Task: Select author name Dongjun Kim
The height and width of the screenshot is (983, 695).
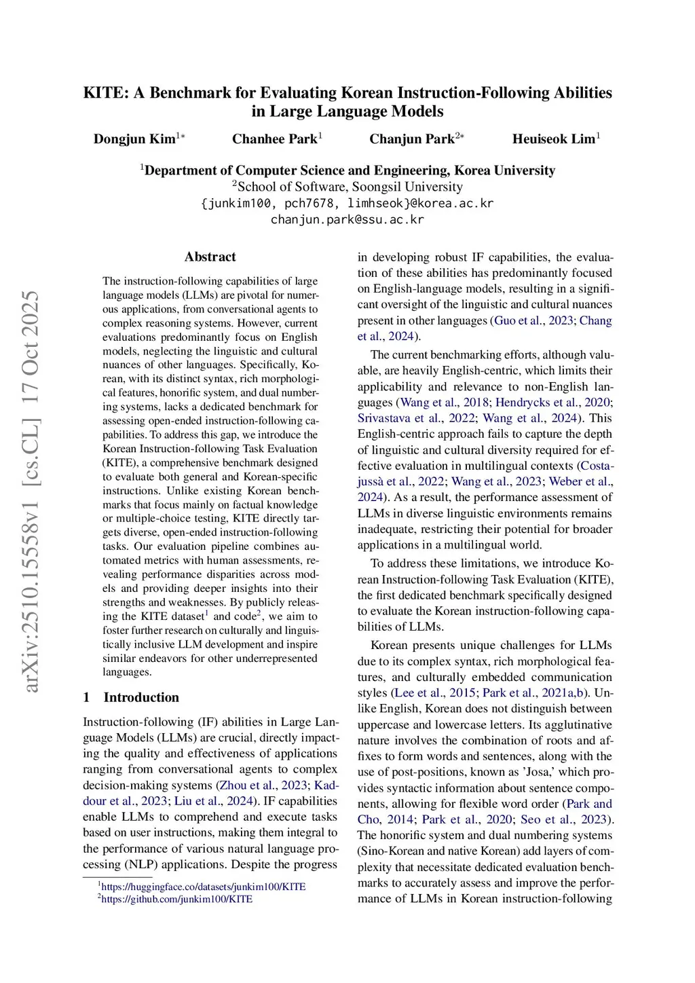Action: click(134, 139)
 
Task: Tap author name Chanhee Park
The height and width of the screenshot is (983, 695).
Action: click(274, 139)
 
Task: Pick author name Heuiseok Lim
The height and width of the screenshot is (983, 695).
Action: click(553, 139)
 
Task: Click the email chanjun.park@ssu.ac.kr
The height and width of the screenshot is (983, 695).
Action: click(347, 219)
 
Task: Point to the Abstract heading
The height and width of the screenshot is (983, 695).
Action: click(210, 257)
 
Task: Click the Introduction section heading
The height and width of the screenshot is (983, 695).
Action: click(141, 697)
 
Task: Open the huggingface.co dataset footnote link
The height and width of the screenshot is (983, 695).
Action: click(203, 887)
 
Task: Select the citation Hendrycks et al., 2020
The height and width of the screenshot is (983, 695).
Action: click(552, 403)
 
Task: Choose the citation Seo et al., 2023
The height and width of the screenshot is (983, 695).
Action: click(563, 819)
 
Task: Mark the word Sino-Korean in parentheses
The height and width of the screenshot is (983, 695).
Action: click(392, 851)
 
